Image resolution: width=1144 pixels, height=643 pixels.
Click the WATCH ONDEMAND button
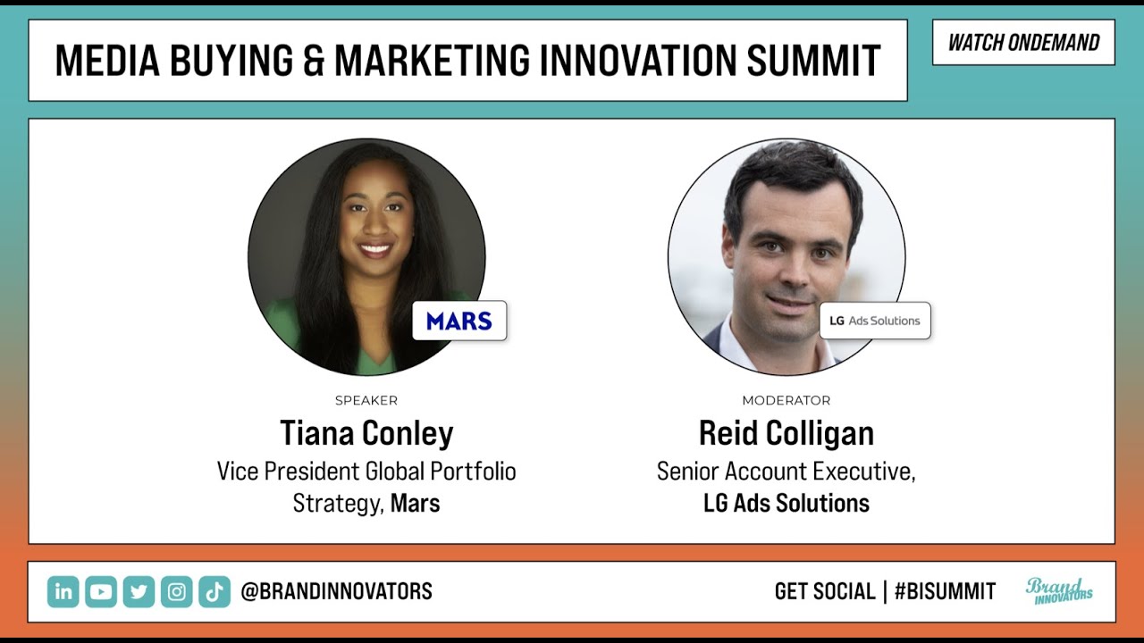point(1023,43)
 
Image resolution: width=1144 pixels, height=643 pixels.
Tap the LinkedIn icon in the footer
point(63,591)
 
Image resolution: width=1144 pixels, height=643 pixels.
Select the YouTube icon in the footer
point(101,591)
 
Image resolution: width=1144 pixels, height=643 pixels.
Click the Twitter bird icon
point(139,591)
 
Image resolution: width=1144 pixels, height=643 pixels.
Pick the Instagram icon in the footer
point(177,591)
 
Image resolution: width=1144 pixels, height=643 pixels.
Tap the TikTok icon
point(214,591)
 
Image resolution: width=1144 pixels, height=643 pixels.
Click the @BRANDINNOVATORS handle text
point(336,591)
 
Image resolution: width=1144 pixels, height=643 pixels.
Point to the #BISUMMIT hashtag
point(945,591)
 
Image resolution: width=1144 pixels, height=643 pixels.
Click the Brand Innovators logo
point(1059,591)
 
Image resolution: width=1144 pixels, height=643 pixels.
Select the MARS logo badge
point(459,321)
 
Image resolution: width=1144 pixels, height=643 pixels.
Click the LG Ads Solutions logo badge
point(875,321)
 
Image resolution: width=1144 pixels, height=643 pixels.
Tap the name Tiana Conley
point(366,434)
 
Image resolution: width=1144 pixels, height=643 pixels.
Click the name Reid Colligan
point(786,434)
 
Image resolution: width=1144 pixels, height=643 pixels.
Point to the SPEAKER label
point(366,401)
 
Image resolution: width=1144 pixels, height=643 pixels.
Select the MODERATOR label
point(786,401)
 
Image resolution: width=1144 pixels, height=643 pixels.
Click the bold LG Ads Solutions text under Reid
point(786,504)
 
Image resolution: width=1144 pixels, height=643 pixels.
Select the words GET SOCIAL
point(825,591)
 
